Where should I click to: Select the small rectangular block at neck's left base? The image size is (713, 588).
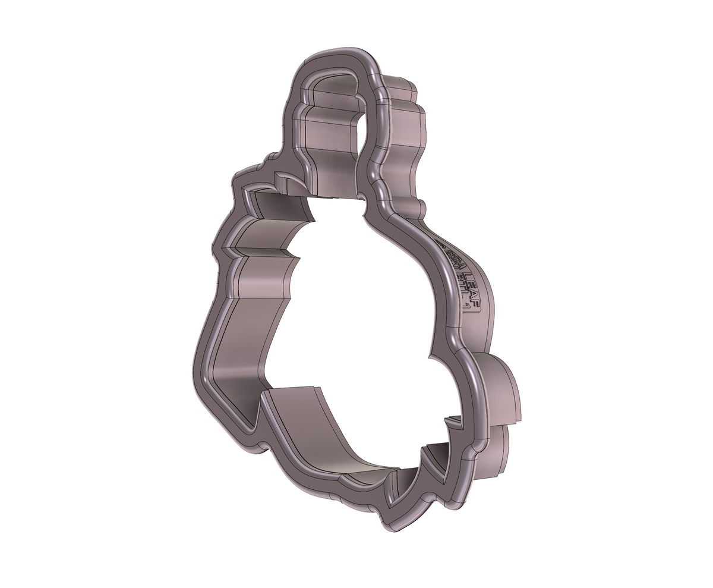click(282, 181)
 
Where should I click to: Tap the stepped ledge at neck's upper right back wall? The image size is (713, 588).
click(404, 89)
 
